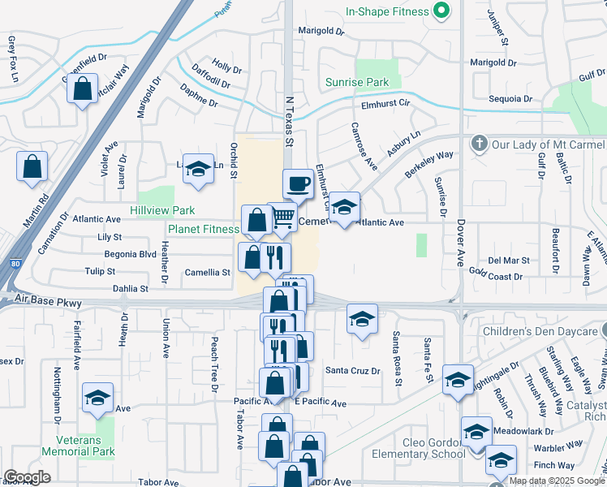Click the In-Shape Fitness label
386,12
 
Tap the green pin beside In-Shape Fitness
441,11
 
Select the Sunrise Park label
357,82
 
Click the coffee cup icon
298,183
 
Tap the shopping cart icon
282,218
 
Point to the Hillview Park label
162,210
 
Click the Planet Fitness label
204,229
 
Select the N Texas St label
289,122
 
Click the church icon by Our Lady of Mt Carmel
479,144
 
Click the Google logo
27,476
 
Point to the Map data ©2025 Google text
557,481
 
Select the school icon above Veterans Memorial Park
97,397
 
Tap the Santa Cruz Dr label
353,371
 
